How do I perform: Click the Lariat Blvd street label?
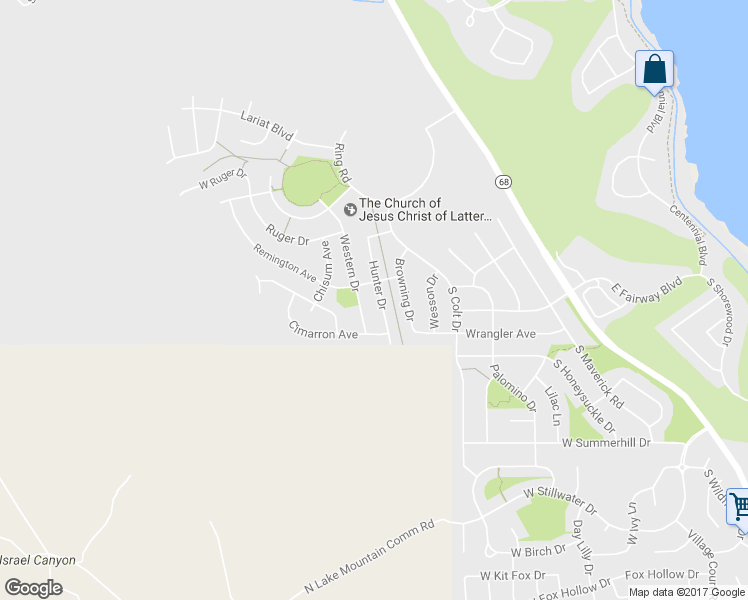(266, 124)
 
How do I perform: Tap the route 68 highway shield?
(503, 181)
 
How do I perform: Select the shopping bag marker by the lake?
(654, 71)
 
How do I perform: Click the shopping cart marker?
(738, 507)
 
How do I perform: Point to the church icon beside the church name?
(350, 209)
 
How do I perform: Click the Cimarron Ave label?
(323, 331)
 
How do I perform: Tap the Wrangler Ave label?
(501, 333)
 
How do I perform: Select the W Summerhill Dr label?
(606, 441)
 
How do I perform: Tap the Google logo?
(33, 588)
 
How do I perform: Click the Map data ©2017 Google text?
(687, 592)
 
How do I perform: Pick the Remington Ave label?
(286, 263)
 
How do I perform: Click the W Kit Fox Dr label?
(512, 575)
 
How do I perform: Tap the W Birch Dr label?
(539, 551)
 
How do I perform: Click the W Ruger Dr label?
(222, 184)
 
